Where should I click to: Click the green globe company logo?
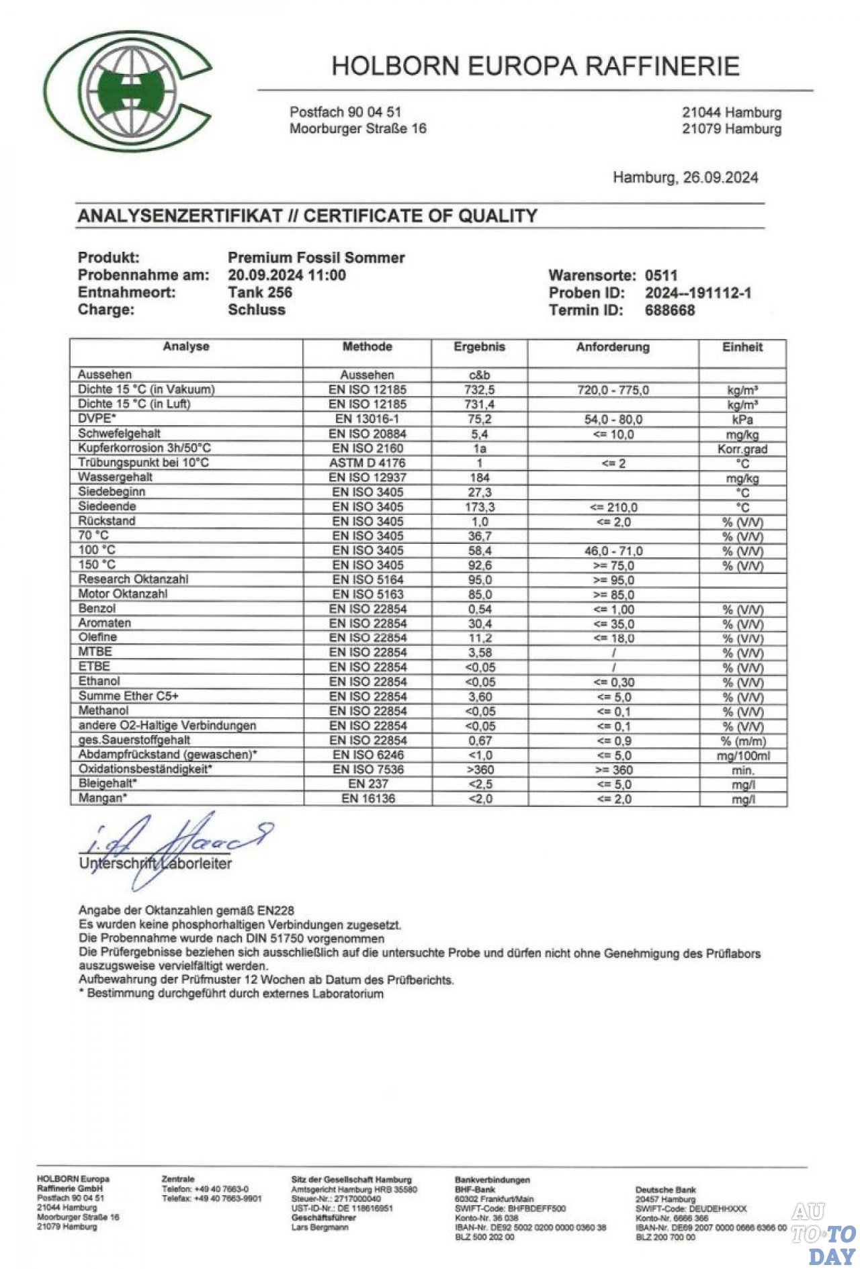pyautogui.click(x=128, y=91)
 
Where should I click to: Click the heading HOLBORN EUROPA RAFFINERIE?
pyautogui.click(x=535, y=66)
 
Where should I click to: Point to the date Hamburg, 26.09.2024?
pyautogui.click(x=685, y=177)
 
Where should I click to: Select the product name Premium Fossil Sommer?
pyautogui.click(x=316, y=257)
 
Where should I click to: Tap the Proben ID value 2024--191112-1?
pyautogui.click(x=698, y=293)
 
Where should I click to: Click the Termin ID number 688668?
pyautogui.click(x=670, y=310)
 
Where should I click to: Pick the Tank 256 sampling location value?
pyautogui.click(x=260, y=292)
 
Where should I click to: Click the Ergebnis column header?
pyautogui.click(x=479, y=347)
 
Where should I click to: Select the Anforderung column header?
pyautogui.click(x=613, y=347)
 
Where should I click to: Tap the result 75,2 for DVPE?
pyautogui.click(x=479, y=419)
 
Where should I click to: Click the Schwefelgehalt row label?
pyautogui.click(x=119, y=433)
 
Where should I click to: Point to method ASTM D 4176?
pyautogui.click(x=368, y=463)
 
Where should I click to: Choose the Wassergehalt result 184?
pyautogui.click(x=479, y=477)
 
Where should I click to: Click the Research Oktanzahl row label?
pyautogui.click(x=133, y=579)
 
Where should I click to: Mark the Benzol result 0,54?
pyautogui.click(x=480, y=609)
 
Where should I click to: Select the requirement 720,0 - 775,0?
pyautogui.click(x=613, y=390)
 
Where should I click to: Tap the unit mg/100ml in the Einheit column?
pyautogui.click(x=742, y=755)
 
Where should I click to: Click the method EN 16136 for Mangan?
pyautogui.click(x=368, y=798)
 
